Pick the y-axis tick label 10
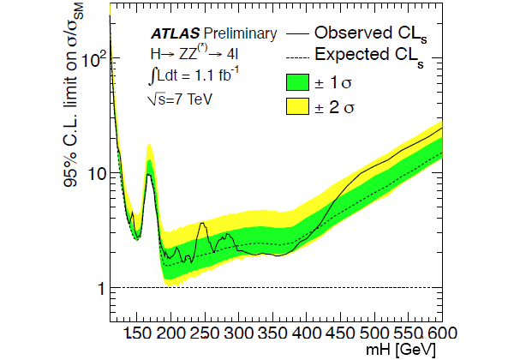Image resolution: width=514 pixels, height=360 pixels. click(95, 173)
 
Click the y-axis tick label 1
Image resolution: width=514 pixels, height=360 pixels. click(102, 288)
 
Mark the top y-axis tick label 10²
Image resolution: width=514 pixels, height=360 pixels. click(94, 59)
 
